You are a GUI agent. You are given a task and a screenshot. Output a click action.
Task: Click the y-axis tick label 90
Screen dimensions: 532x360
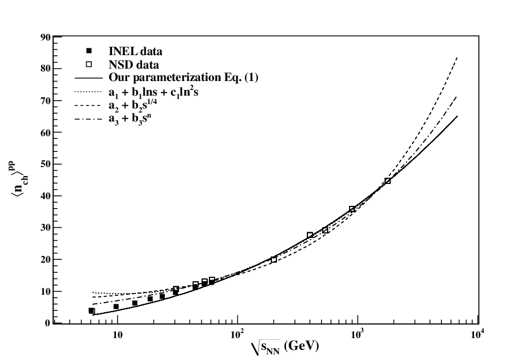45,37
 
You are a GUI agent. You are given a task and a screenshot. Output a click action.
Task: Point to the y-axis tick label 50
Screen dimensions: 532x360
45,164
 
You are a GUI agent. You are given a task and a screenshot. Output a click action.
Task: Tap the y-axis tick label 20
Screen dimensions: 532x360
45,260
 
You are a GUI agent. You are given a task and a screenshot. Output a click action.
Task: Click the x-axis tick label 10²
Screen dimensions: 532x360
237,334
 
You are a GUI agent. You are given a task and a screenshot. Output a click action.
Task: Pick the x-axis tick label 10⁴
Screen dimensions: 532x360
477,334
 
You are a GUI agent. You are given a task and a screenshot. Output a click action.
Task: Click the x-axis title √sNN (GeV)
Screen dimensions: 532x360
285,347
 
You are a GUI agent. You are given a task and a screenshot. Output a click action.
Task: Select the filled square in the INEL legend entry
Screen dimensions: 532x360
89,51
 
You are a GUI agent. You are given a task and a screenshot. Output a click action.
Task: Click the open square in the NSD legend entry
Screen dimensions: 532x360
89,64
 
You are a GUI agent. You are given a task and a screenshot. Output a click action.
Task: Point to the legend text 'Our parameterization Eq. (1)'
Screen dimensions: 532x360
183,78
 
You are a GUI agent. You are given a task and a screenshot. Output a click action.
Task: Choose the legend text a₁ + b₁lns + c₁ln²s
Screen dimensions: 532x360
153,92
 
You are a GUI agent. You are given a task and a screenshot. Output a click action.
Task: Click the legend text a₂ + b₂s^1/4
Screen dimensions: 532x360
133,105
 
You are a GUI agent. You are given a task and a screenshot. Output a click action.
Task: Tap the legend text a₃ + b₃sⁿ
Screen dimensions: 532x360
129,119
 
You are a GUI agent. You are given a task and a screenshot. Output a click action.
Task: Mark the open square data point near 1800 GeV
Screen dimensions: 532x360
387,181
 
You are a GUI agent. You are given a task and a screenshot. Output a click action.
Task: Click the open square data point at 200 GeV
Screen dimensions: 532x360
274,260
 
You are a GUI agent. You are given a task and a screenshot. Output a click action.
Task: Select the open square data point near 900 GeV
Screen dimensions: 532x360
352,209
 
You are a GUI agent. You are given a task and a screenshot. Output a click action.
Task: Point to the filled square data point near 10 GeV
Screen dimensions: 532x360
116,307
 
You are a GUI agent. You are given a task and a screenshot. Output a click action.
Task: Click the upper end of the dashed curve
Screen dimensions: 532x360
457,57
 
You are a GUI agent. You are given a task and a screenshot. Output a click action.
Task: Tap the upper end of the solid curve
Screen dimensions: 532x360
457,116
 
